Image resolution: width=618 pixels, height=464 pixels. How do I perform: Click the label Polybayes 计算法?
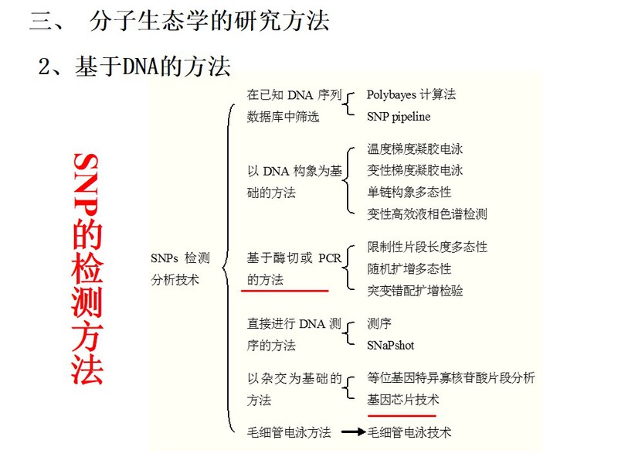point(411,94)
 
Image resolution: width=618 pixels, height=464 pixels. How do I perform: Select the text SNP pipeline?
point(399,117)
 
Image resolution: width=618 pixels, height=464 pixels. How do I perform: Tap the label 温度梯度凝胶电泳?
point(415,148)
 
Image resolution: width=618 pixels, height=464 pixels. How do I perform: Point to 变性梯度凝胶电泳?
point(415,170)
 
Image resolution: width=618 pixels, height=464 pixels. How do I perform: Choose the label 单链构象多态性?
point(409,192)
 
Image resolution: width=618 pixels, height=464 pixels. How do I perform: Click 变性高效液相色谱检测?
point(427,214)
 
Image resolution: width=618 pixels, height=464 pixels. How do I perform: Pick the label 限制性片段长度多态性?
point(427,247)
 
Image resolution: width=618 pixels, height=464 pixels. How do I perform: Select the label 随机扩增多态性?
point(409,268)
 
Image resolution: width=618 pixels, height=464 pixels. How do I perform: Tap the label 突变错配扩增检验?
point(415,291)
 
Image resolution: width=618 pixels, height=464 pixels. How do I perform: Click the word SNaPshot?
point(390,345)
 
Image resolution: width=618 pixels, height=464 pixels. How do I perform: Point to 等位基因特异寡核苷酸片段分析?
point(451,377)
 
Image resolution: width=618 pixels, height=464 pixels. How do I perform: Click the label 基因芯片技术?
point(402,400)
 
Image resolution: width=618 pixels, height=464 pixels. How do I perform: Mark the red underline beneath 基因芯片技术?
point(402,415)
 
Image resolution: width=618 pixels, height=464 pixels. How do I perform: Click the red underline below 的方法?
point(284,291)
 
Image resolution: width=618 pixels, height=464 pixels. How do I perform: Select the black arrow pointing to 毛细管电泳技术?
point(354,432)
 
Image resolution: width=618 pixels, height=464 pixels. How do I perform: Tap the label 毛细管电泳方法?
point(289,432)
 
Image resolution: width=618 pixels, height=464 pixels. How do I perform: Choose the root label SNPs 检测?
point(180,258)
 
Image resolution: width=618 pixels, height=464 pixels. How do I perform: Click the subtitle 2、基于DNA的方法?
point(134,66)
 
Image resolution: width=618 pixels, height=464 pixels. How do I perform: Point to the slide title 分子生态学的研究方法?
point(209,21)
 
